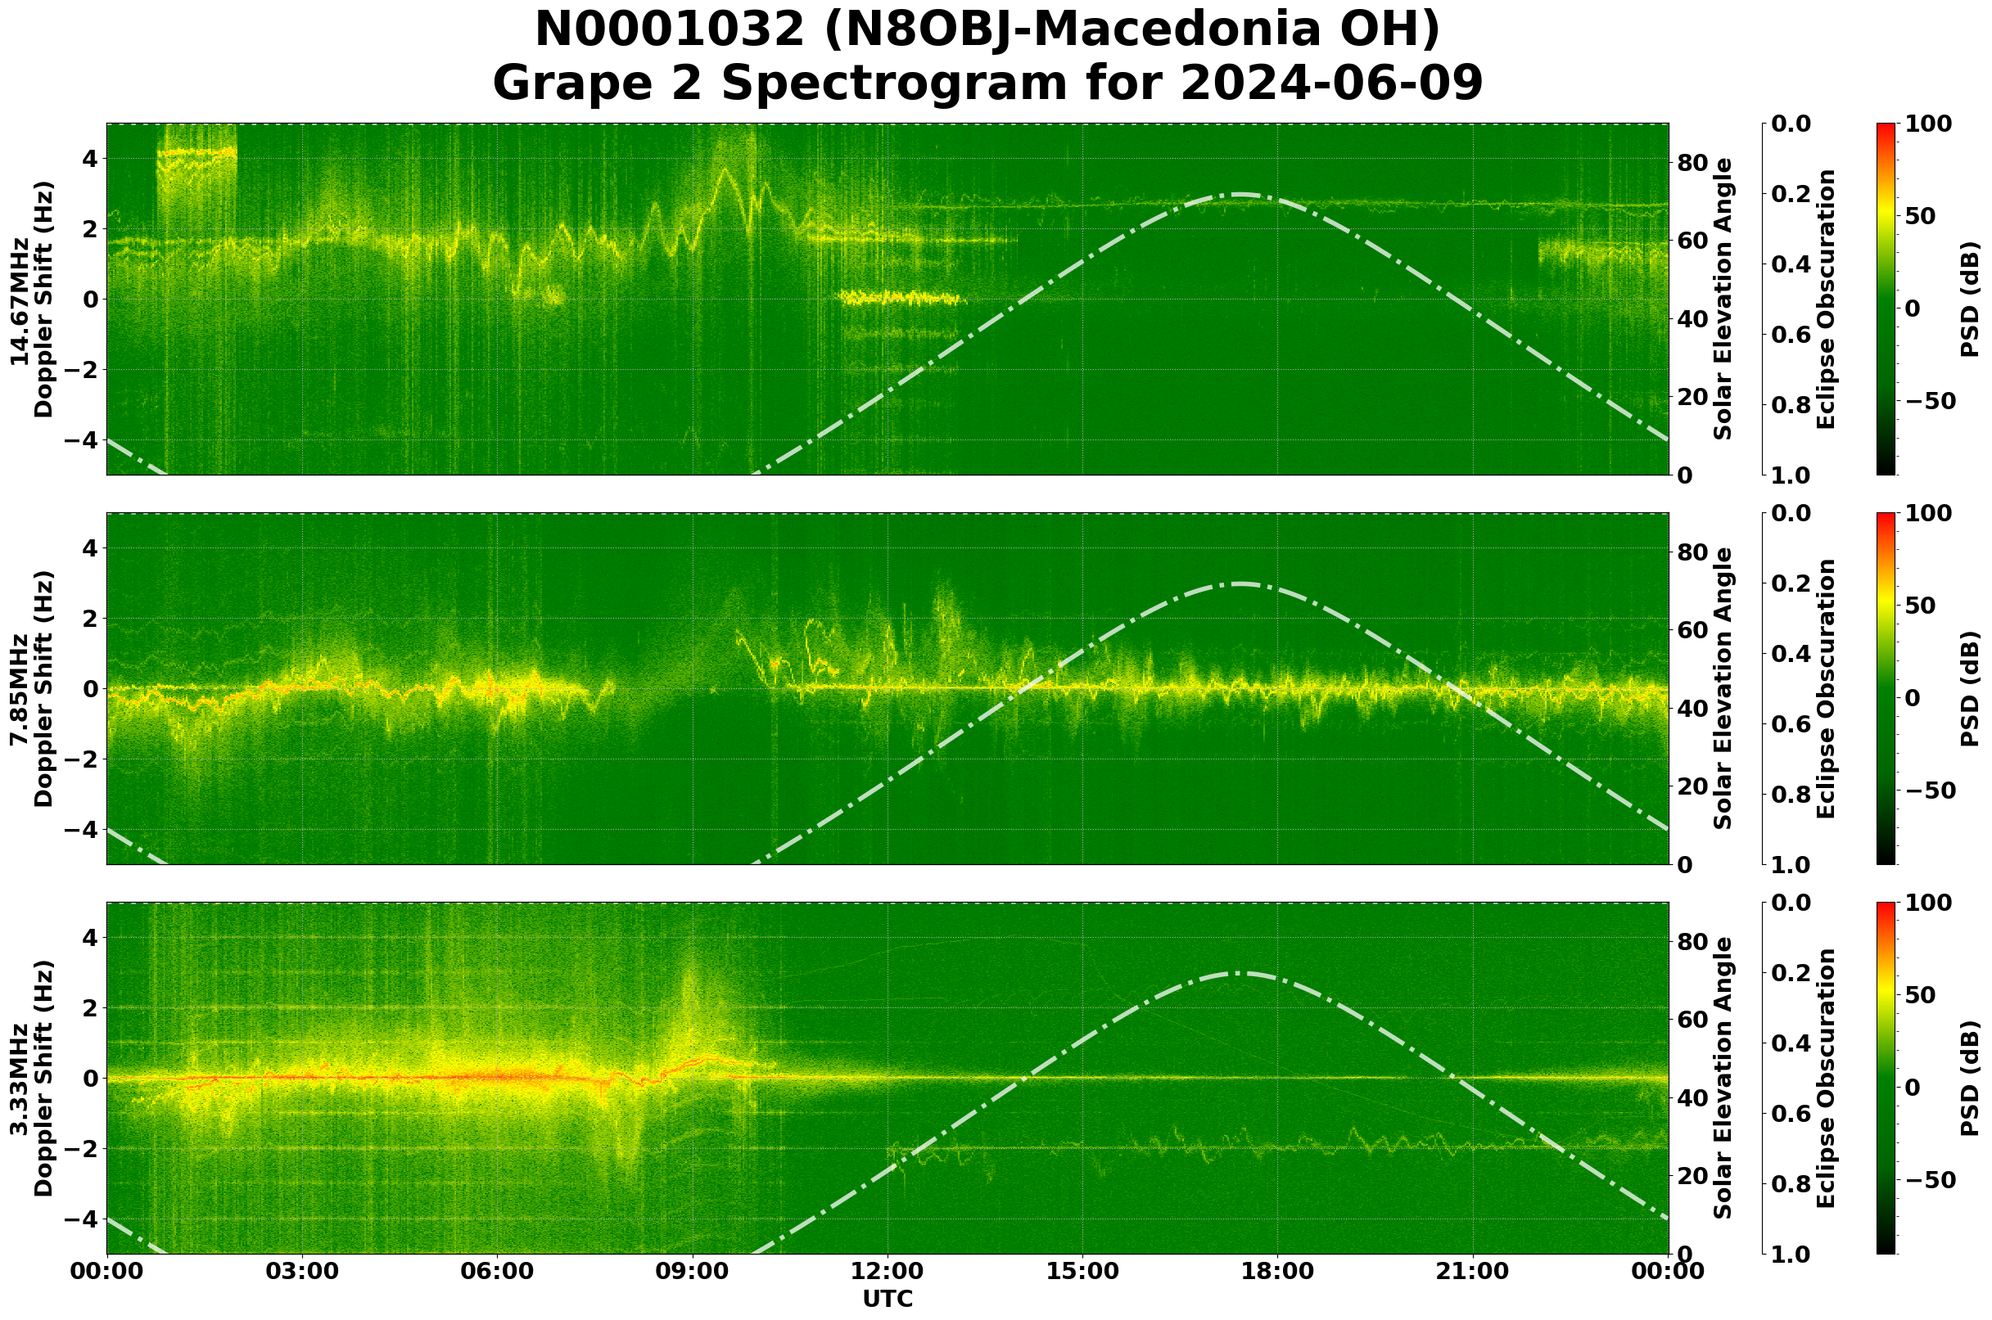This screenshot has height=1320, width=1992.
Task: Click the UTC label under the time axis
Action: click(x=887, y=1299)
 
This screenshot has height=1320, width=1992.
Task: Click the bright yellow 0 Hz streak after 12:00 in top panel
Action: click(x=900, y=297)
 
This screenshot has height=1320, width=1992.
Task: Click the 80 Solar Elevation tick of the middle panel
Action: click(x=1692, y=552)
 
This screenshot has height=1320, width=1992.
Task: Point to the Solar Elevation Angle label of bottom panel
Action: click(x=1723, y=1079)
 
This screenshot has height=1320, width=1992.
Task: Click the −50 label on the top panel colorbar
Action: click(x=1928, y=401)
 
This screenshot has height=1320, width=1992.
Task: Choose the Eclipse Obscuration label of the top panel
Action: click(x=1825, y=300)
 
